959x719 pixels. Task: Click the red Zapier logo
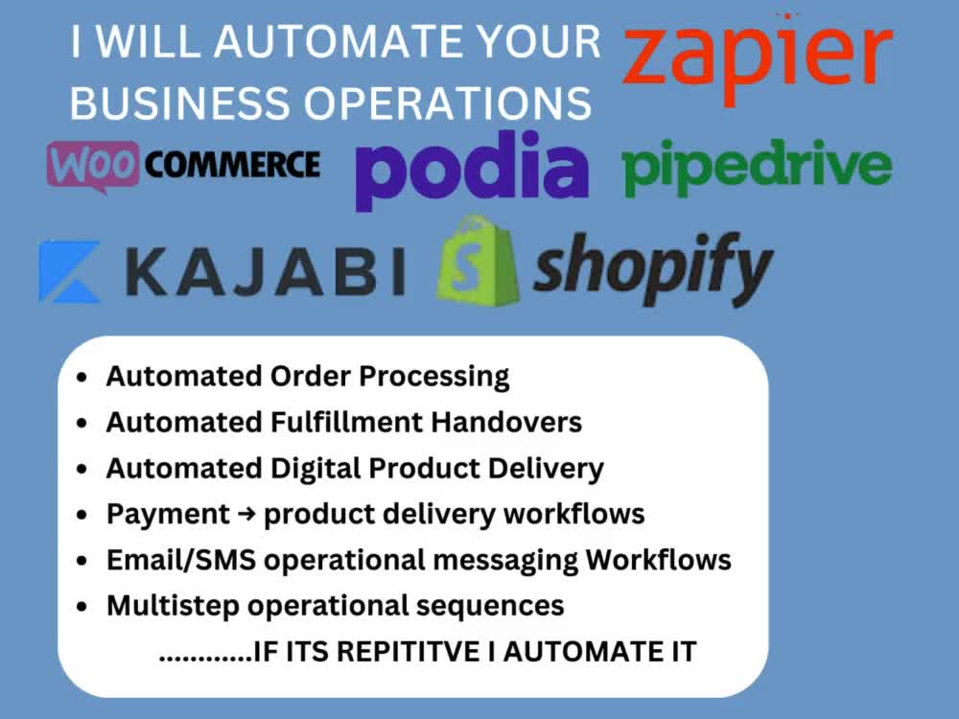coord(758,59)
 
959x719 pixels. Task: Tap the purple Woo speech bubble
coord(93,165)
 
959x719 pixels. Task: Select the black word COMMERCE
coord(232,164)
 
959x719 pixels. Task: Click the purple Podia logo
coord(472,171)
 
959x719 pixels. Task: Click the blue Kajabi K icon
coord(69,271)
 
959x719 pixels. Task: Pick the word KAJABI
coord(266,271)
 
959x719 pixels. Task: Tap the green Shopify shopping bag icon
coord(478,261)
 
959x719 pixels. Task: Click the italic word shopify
coord(653,267)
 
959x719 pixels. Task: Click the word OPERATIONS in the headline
coord(448,103)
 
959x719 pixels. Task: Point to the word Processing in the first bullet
coord(433,377)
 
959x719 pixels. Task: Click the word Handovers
coord(506,422)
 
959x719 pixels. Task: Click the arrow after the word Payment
coord(246,514)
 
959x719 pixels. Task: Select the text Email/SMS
coord(181,560)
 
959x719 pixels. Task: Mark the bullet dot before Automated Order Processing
coord(82,377)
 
